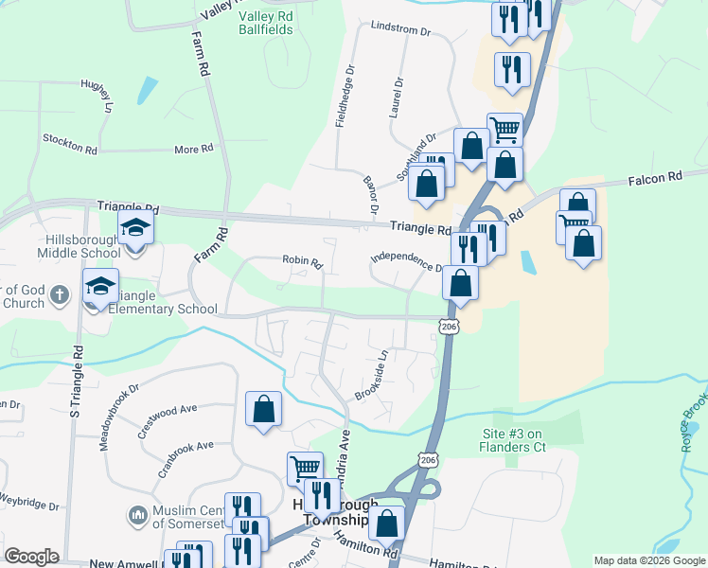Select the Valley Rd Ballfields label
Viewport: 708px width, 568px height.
pos(266,23)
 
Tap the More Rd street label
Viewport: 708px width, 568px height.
pos(193,150)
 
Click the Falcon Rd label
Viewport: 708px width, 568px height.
pos(655,177)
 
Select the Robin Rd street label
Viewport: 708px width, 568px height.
pos(303,260)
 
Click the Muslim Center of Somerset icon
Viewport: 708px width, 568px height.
pos(136,517)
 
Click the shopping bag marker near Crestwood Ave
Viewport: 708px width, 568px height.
pos(263,409)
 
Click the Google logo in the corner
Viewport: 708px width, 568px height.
pos(32,557)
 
